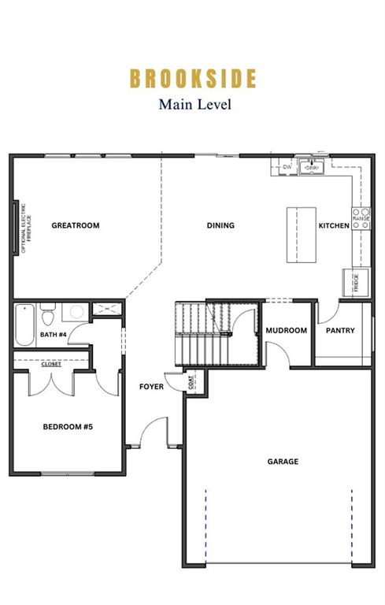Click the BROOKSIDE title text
click(193, 79)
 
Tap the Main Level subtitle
click(194, 104)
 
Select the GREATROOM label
click(76, 226)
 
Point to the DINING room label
click(220, 226)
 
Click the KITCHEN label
click(333, 226)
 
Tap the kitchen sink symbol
click(313, 168)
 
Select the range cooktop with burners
click(361, 218)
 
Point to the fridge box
click(355, 281)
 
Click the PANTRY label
click(340, 331)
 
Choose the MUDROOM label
click(286, 331)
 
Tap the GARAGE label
click(282, 462)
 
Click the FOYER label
click(151, 387)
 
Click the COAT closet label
click(192, 381)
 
